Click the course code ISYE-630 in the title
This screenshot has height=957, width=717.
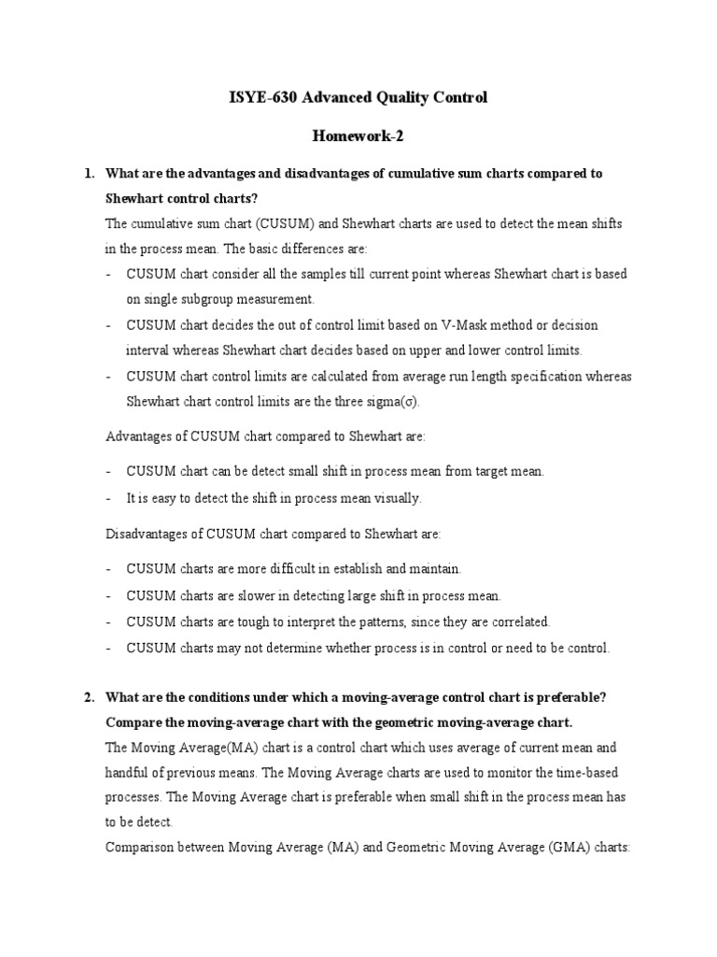264,97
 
